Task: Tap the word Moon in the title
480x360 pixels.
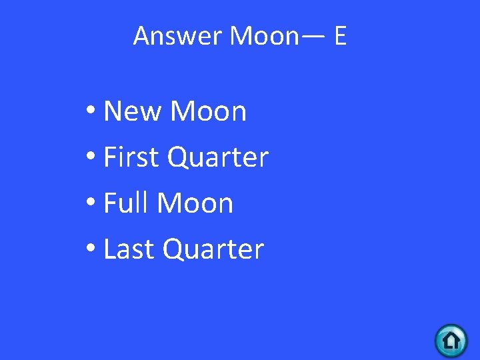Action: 264,36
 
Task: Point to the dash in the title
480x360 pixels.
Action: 314,37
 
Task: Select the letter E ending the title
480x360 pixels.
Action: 340,36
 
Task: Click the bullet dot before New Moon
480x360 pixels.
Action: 92,113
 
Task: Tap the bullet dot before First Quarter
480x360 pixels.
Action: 92,159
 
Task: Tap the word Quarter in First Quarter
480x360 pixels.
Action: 217,157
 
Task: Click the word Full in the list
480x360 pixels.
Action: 125,203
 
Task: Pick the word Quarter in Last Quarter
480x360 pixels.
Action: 213,249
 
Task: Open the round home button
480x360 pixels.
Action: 451,341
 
